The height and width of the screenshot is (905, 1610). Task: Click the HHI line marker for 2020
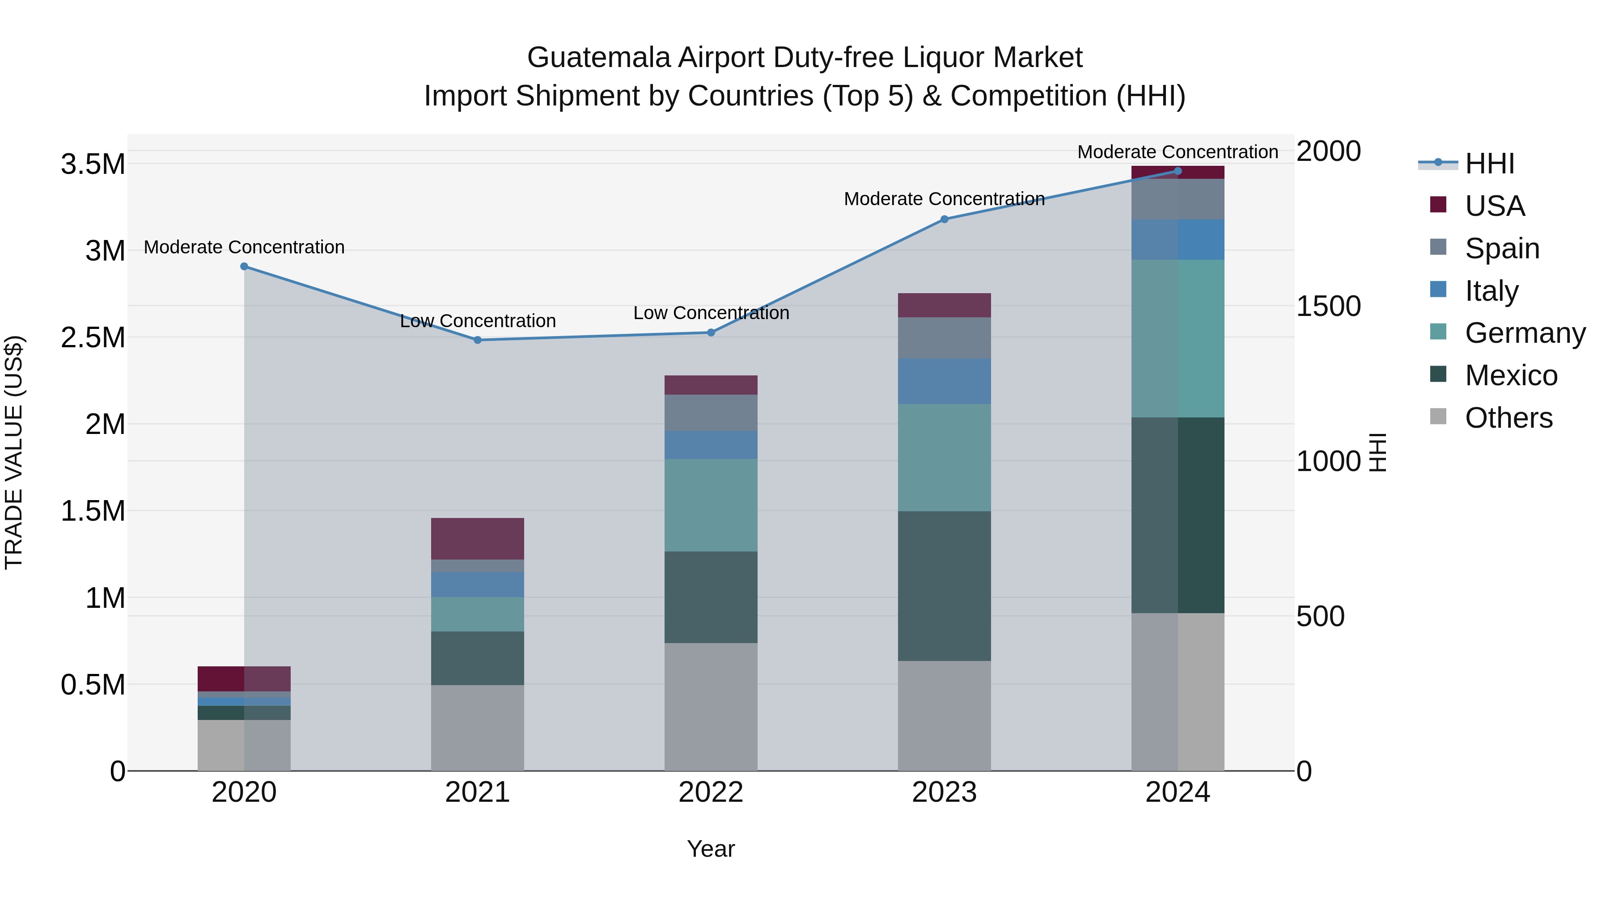tap(244, 267)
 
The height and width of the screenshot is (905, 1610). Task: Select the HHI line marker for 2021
tap(478, 341)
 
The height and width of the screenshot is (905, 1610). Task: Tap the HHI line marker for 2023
tap(945, 219)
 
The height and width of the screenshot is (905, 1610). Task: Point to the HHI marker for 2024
tap(1178, 171)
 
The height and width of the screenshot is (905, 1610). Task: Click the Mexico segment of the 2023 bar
tap(945, 586)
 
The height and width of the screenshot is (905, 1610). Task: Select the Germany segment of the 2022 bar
tap(711, 505)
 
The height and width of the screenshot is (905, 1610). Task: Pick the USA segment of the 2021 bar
tap(478, 539)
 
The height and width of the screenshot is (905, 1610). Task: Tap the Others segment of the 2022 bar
tap(711, 707)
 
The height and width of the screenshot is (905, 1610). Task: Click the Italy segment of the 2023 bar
tap(945, 381)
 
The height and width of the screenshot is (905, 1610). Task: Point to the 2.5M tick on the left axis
tap(93, 337)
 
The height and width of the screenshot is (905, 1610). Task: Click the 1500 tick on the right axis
tap(1328, 306)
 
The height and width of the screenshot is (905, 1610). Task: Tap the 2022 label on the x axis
tap(711, 792)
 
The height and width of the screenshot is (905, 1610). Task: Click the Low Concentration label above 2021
tap(478, 321)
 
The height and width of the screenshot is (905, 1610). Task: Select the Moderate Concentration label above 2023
tap(945, 199)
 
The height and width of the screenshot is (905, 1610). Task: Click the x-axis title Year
tap(711, 849)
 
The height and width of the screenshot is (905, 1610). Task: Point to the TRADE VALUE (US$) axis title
tap(14, 452)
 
